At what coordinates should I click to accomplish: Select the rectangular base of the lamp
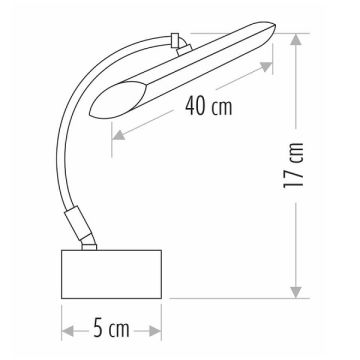(112, 273)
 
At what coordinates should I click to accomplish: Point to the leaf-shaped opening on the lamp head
(118, 97)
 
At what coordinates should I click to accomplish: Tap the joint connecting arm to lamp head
(180, 42)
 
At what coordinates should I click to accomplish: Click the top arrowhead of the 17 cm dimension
(296, 40)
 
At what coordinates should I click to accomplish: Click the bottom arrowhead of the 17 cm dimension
(296, 291)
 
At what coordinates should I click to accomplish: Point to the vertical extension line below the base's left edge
(62, 315)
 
